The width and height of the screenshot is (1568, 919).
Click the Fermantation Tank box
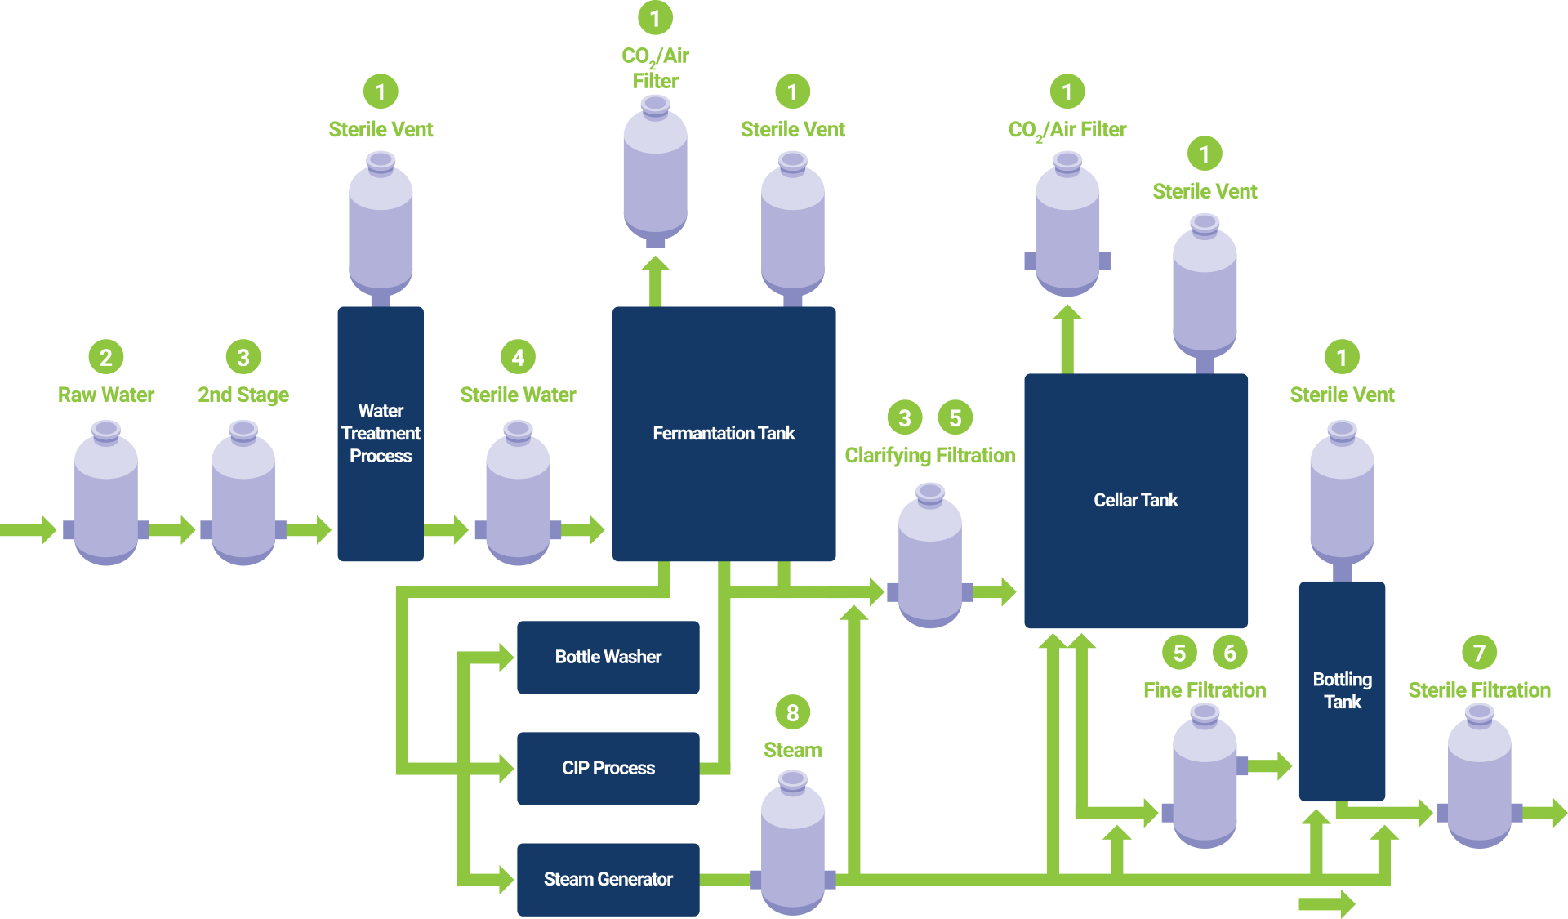[724, 433]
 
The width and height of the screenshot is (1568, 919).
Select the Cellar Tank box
[1135, 500]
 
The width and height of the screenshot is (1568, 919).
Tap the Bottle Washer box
[608, 657]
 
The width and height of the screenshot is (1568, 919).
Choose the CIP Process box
[608, 768]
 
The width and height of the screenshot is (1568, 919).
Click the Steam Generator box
[608, 879]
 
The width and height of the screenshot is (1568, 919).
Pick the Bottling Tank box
[1342, 690]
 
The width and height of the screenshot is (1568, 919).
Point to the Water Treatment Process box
[381, 433]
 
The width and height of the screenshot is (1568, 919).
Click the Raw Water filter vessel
[106, 498]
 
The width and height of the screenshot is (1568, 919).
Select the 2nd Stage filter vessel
[243, 498]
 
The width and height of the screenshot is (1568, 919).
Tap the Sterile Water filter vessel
[518, 498]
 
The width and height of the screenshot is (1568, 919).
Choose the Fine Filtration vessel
[1205, 780]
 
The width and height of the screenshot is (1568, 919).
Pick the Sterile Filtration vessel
[1479, 780]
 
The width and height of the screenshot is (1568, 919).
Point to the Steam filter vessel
[792, 845]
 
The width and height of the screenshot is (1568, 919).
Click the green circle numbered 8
[792, 712]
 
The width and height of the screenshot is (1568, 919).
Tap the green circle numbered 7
[1479, 652]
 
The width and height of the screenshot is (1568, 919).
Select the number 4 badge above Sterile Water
[518, 357]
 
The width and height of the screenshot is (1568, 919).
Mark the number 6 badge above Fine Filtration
[1230, 652]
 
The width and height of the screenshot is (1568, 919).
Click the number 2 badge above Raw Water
[106, 357]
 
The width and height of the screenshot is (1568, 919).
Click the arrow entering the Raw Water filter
[29, 529]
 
